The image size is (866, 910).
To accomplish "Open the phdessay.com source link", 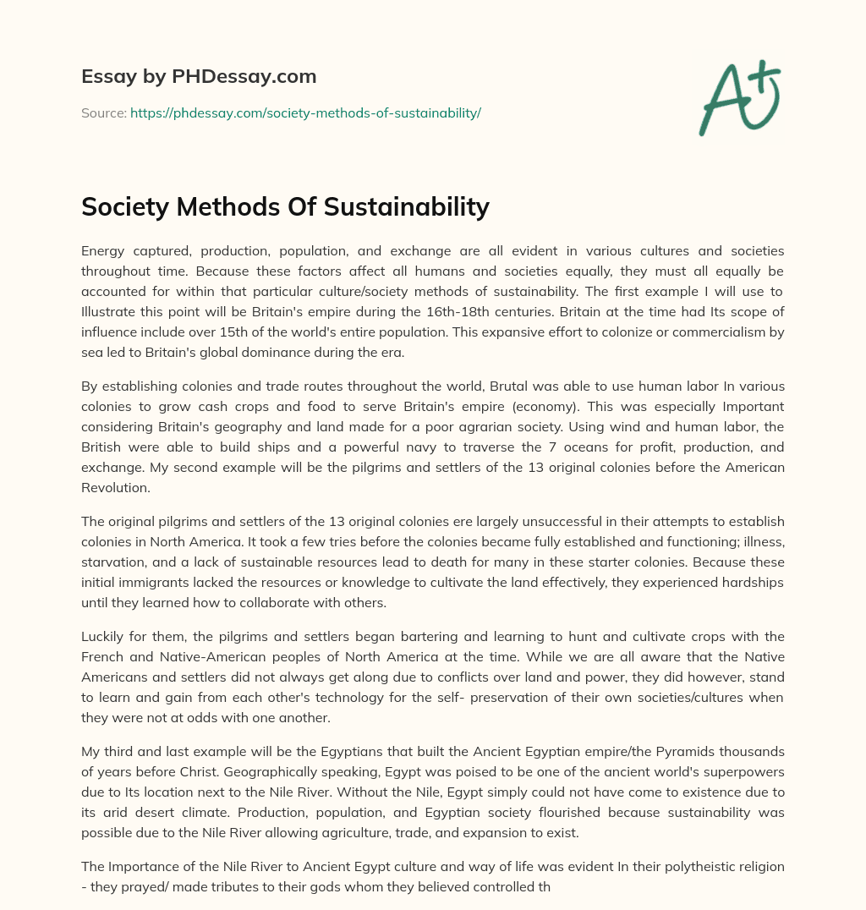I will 305,112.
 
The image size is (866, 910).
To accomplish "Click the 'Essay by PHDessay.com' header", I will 199,77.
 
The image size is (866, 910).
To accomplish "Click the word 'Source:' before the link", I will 103,112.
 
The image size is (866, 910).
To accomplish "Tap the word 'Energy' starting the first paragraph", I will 102,250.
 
